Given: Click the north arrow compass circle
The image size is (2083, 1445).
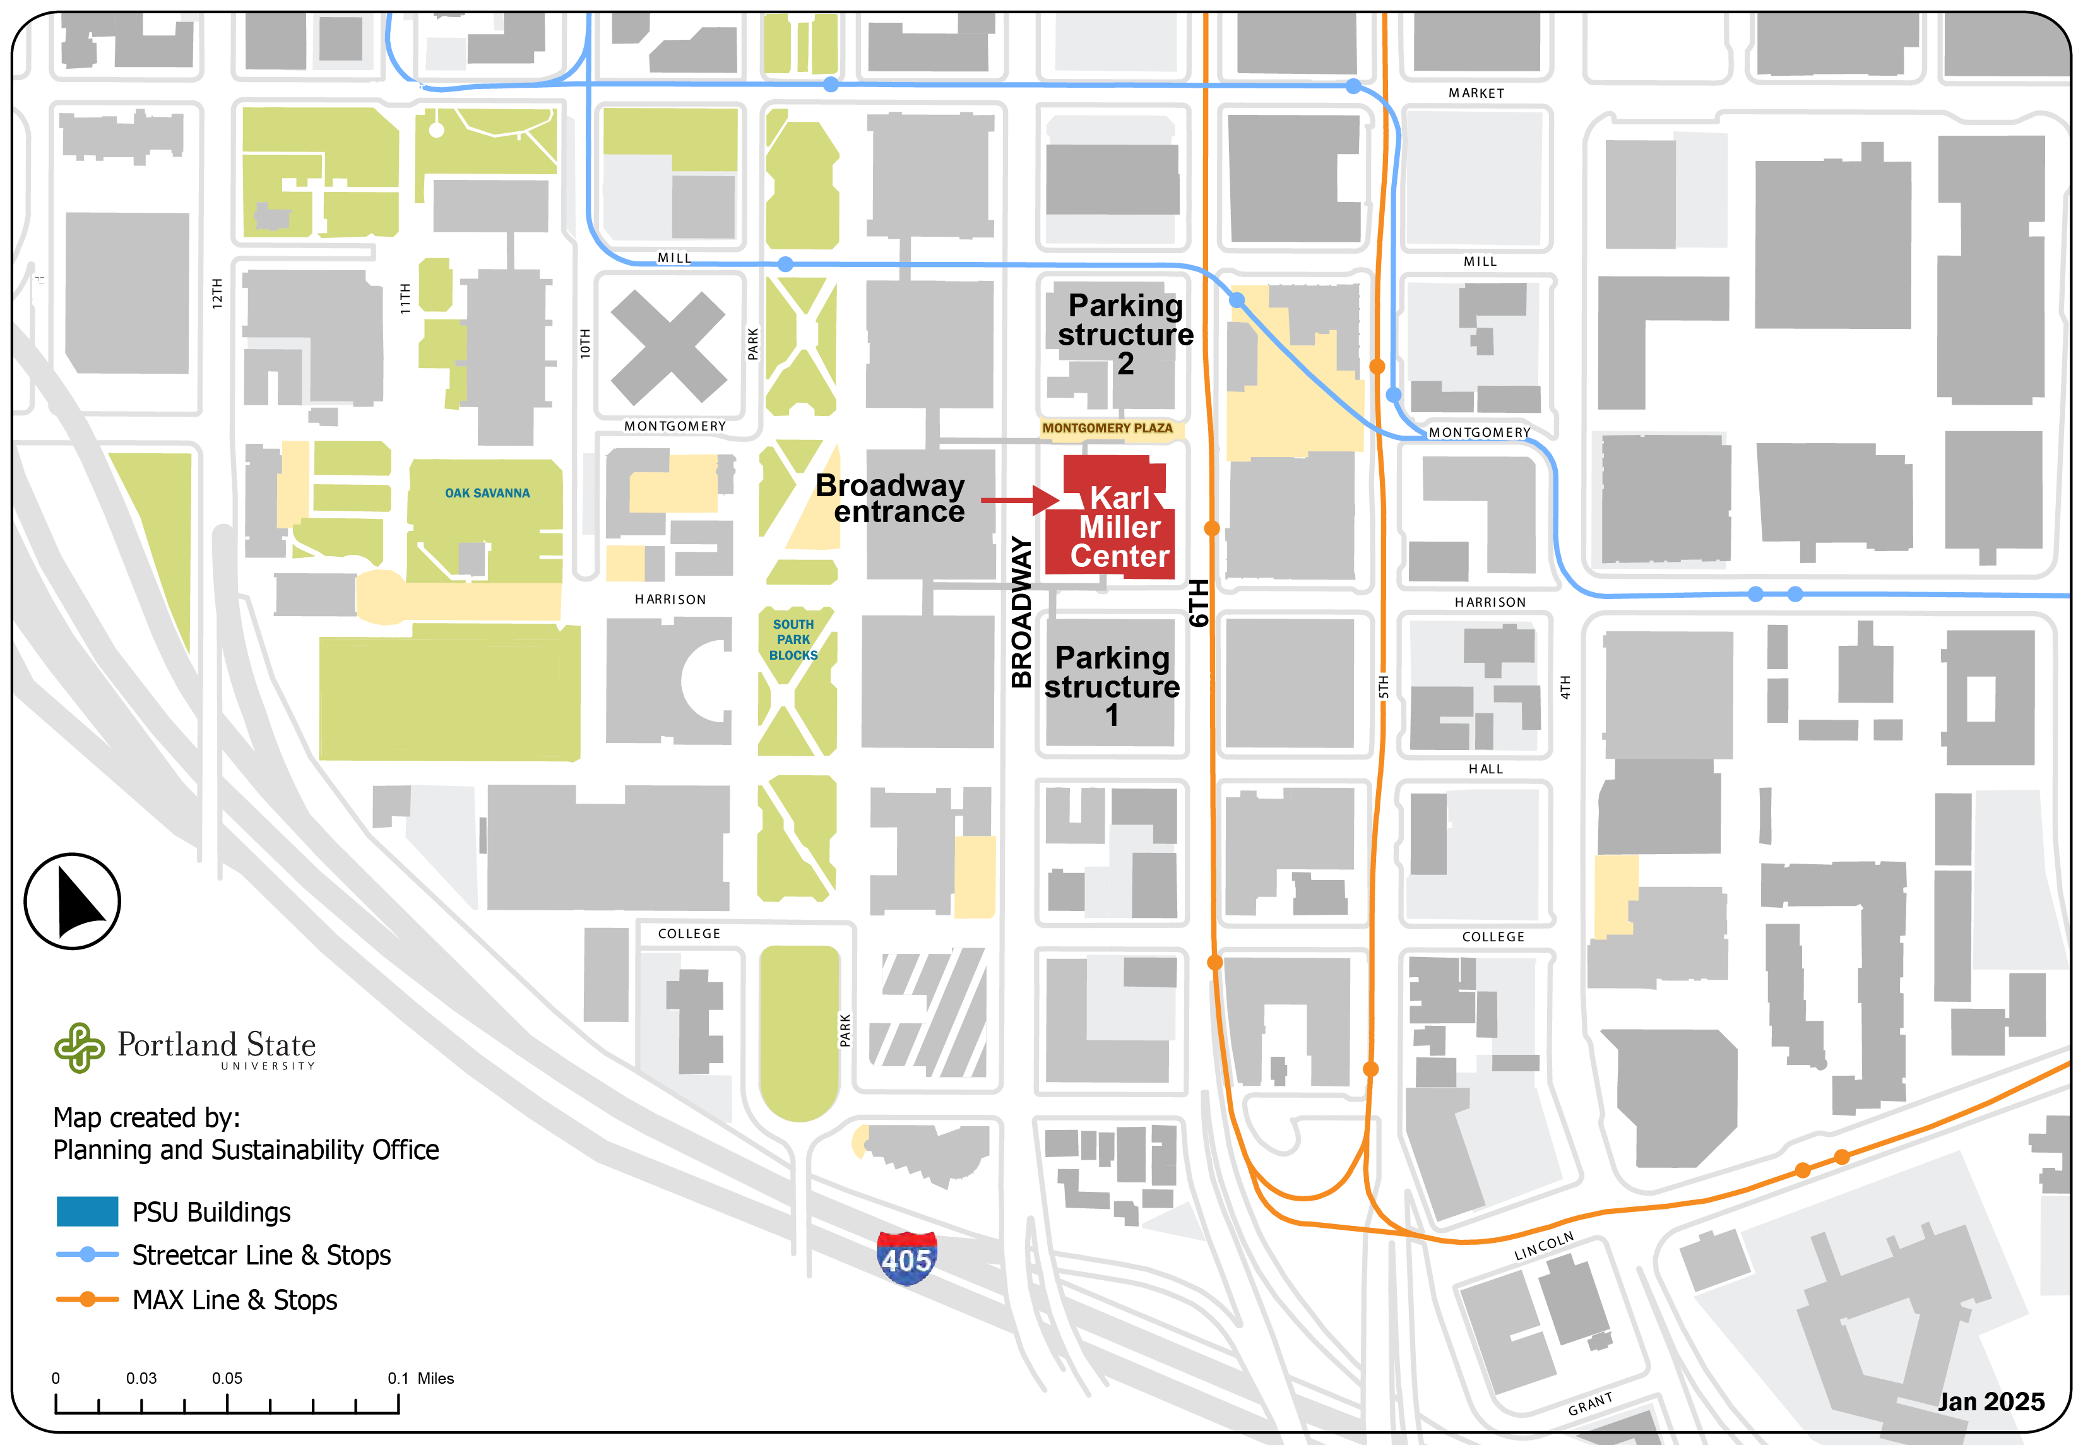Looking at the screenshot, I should click(73, 901).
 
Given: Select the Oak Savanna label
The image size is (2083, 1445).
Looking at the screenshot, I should click(487, 494).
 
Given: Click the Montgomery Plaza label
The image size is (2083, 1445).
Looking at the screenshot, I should click(1107, 428).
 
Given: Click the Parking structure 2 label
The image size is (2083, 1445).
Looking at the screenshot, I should click(1125, 334).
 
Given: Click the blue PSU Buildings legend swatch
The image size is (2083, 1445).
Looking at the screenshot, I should click(87, 1211).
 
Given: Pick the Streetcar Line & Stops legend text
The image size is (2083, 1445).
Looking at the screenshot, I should click(261, 1256).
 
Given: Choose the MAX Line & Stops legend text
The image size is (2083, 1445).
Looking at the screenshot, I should click(234, 1300).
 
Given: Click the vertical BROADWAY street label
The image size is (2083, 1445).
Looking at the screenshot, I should click(1021, 612).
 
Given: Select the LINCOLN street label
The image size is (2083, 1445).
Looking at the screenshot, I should click(1545, 1247).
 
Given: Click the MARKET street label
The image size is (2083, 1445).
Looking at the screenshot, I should click(1476, 93).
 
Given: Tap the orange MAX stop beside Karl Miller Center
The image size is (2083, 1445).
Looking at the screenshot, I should click(1212, 528).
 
